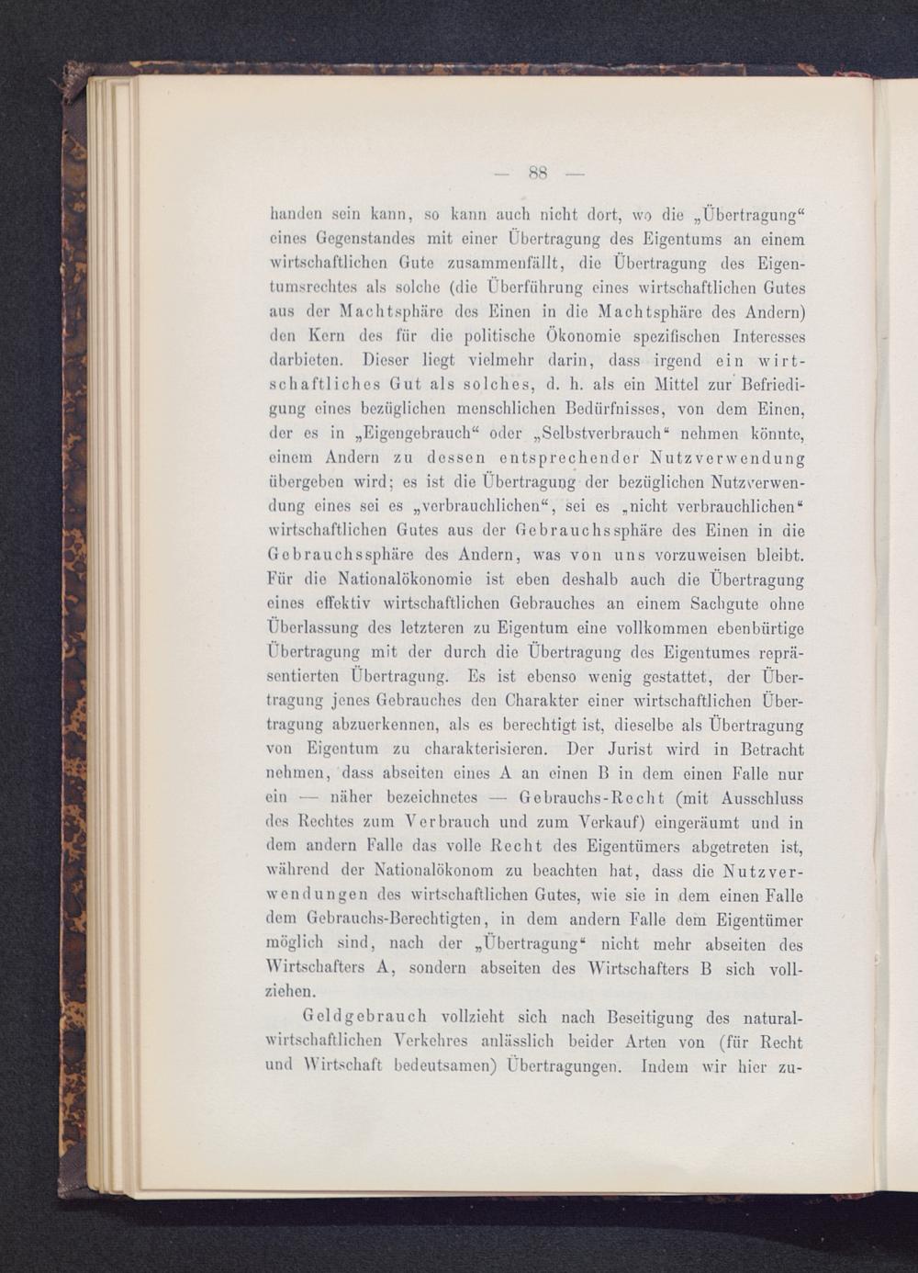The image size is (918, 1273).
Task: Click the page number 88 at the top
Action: point(538,172)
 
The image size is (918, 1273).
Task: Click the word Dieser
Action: point(391,359)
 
